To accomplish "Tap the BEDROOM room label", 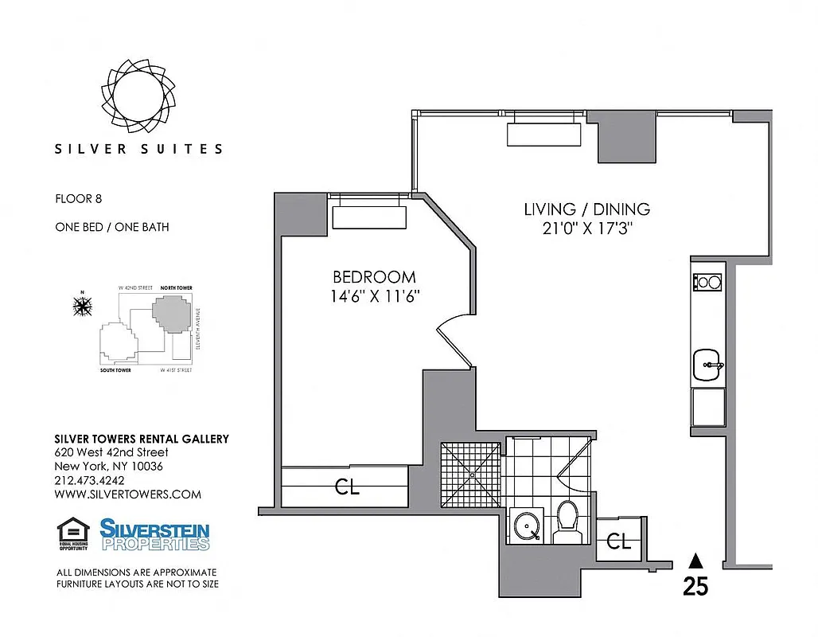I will [374, 277].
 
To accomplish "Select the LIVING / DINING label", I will [586, 209].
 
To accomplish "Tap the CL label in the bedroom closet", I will [347, 487].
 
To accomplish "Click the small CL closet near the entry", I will [619, 542].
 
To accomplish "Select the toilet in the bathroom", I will [567, 522].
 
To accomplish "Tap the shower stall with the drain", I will [473, 475].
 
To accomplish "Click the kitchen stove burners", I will [707, 282].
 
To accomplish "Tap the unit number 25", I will [695, 587].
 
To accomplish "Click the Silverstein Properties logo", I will [154, 534].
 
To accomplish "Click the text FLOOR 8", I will [79, 199].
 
